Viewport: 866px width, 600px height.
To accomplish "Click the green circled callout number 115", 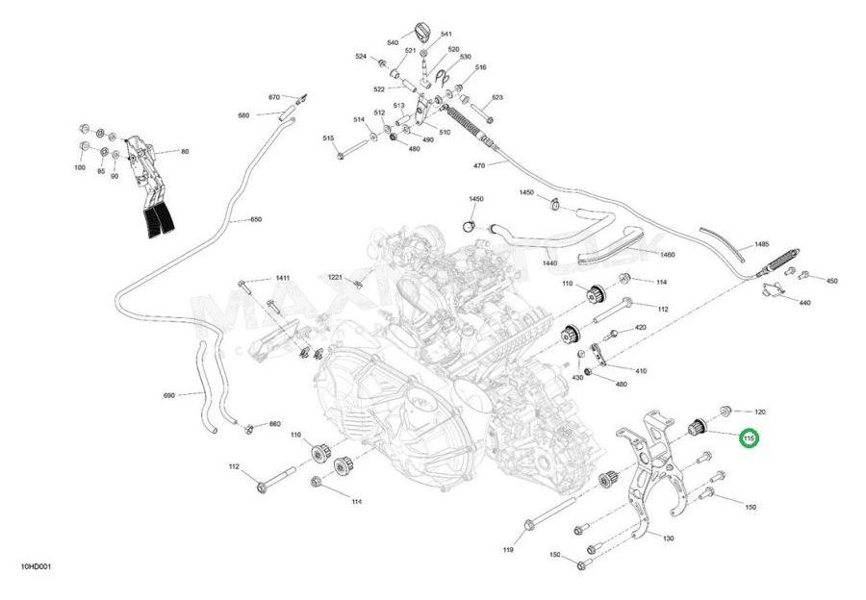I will click(x=749, y=438).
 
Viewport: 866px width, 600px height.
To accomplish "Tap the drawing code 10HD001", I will click(x=36, y=566).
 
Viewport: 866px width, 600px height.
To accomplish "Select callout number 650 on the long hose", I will click(x=255, y=219).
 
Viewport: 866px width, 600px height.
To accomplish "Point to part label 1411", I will click(x=282, y=278).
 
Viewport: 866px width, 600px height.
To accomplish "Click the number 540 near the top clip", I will click(x=393, y=43).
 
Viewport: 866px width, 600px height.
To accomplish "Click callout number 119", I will click(x=508, y=550).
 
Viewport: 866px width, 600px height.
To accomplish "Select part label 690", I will click(x=169, y=395).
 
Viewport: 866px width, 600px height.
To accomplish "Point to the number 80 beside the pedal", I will click(x=185, y=151).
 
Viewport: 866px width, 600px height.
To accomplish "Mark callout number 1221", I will click(x=335, y=277).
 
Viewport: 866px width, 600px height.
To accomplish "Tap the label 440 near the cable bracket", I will click(x=804, y=302).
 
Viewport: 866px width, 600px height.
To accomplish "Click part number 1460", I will click(x=667, y=255).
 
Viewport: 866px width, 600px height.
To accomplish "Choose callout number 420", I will click(x=641, y=328).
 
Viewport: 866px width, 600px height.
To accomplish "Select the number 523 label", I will click(x=497, y=97).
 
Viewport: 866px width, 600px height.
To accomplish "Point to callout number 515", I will click(x=328, y=138).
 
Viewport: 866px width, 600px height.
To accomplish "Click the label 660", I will click(x=274, y=424).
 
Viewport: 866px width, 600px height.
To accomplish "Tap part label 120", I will click(x=759, y=411).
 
